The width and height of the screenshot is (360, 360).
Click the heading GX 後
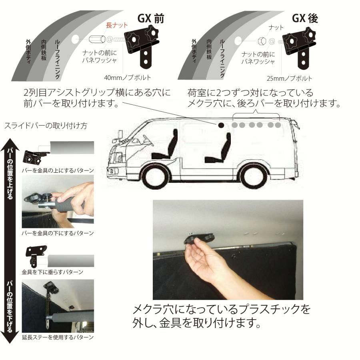coord(305,18)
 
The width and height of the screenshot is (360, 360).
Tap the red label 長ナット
coord(116,25)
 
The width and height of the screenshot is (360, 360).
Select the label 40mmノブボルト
coord(127,78)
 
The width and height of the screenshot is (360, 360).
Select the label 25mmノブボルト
coord(290,78)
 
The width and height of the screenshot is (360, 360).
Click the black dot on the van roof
coord(221,125)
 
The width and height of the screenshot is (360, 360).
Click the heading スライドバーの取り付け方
coord(46,126)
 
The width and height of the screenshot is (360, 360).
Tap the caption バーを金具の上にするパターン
coord(58,170)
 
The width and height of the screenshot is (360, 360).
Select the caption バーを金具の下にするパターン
coord(58,232)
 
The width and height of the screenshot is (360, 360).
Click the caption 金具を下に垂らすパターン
coord(53,272)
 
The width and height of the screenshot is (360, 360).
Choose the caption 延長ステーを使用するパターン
coord(58,337)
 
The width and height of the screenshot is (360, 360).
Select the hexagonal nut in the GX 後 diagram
coord(260,41)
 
